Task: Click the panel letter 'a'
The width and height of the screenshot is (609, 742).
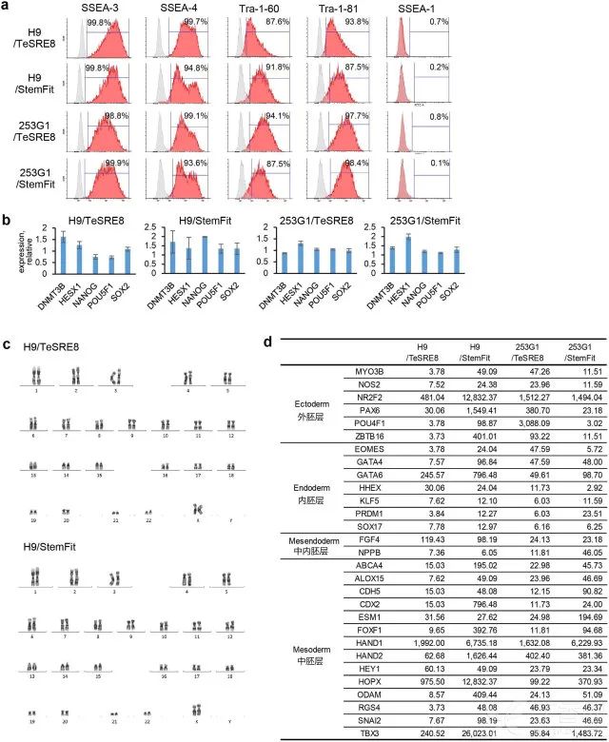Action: [8, 9]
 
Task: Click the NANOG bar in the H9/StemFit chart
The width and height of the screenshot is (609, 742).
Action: [205, 255]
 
